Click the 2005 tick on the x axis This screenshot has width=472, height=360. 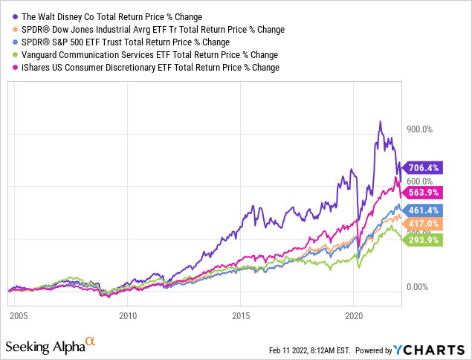(19, 316)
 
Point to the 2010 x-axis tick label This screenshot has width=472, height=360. (129, 316)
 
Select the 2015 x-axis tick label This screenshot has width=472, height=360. (240, 316)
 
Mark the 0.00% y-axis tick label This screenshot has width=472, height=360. (418, 286)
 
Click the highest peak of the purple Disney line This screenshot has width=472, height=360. (381, 122)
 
